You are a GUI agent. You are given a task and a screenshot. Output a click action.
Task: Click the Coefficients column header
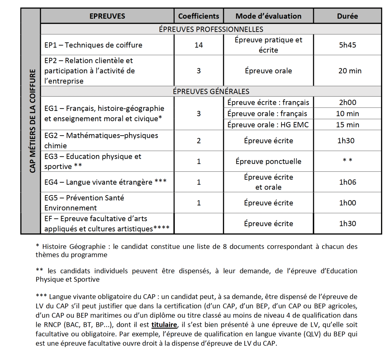point(198,16)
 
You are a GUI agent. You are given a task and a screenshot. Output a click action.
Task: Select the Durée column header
point(347,16)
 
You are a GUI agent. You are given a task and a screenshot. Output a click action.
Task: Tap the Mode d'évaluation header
point(268,16)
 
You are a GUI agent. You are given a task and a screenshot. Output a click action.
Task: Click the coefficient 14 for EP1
point(198,45)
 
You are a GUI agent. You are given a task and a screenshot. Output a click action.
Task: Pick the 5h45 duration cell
point(347,45)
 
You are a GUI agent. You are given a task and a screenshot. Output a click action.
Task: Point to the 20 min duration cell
point(350,71)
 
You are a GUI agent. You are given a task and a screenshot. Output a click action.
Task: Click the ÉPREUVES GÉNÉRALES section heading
point(211,91)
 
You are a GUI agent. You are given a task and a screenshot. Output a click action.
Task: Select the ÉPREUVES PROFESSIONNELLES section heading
point(211,29)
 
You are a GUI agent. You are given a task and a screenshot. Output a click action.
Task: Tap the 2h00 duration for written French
point(347,102)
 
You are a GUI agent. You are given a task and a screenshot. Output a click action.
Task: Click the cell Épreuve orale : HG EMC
point(268,125)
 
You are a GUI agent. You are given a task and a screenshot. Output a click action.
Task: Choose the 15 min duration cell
point(347,125)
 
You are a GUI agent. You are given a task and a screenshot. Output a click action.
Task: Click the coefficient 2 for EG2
point(198,141)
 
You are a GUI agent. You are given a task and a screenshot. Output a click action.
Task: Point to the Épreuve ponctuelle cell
point(268,161)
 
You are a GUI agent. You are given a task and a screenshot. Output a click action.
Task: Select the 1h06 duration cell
point(347,182)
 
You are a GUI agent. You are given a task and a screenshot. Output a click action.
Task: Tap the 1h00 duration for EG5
point(347,203)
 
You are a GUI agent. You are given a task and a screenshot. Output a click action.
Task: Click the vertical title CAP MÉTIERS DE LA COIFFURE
point(32,121)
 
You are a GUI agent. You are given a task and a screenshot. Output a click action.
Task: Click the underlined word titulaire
point(164,325)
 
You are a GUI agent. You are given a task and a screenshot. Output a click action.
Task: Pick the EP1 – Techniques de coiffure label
point(93,45)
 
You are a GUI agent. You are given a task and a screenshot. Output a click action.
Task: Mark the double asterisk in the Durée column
point(347,160)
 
